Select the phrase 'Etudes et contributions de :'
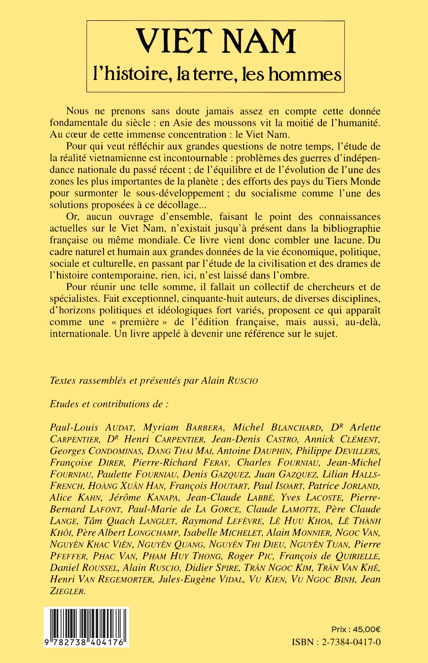click(x=109, y=404)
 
